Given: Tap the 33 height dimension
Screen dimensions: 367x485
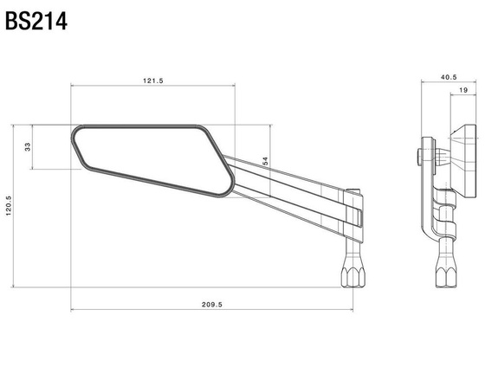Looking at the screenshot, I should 27,147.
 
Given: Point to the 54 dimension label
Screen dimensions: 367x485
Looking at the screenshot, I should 265,160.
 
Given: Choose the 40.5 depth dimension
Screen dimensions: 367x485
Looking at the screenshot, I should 449,77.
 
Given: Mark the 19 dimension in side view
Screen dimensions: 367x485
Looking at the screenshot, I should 463,90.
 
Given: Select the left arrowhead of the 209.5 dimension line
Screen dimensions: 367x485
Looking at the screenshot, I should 73,309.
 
